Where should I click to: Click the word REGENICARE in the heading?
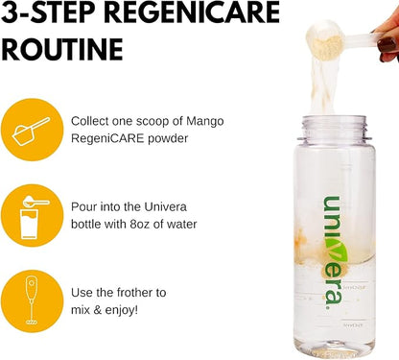(192, 12)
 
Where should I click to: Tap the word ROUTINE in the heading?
(62, 50)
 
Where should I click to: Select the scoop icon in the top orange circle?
(31, 132)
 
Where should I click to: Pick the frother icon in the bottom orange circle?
(32, 300)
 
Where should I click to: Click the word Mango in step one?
(205, 122)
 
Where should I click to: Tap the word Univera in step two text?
(165, 206)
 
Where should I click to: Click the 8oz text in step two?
(140, 224)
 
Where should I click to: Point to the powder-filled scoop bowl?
(324, 40)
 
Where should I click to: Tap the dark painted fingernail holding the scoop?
(387, 45)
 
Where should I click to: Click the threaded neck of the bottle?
(334, 127)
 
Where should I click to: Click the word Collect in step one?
(89, 121)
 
